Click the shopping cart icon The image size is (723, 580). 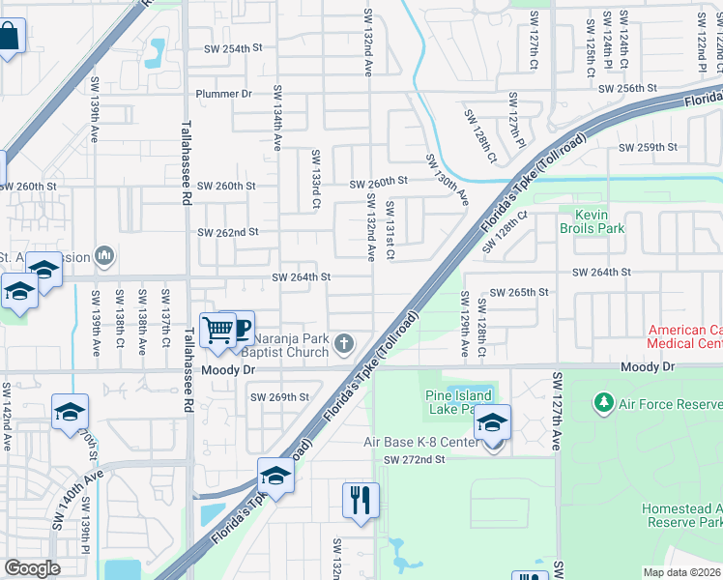218,331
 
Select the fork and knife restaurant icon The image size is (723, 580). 361,501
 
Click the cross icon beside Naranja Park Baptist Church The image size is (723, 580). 344,343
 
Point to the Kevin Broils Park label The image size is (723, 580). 592,221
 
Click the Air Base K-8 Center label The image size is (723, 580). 419,442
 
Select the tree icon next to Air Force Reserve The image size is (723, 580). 604,400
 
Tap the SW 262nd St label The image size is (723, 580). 228,232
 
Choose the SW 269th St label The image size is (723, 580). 279,396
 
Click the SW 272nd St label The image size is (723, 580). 414,460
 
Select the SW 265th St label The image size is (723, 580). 519,292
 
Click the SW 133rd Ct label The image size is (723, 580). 315,180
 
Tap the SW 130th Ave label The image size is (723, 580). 448,181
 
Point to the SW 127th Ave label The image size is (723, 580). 557,411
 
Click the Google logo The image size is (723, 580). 32,567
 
